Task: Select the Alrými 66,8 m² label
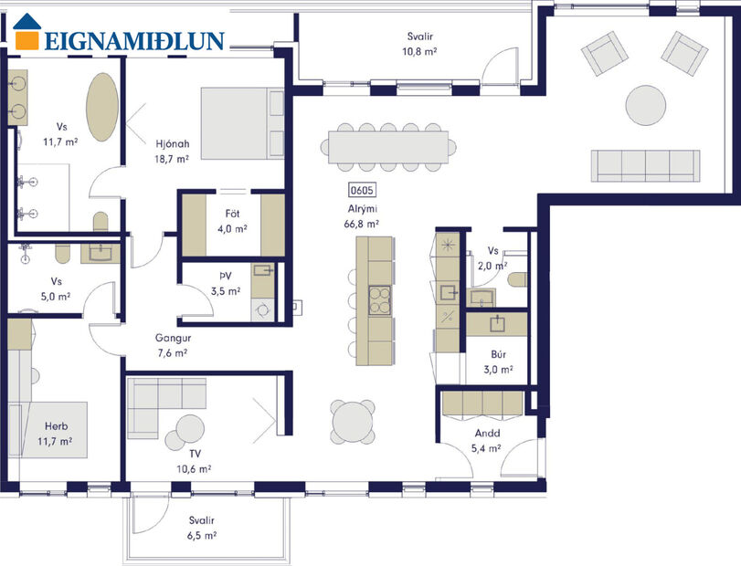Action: point(362,215)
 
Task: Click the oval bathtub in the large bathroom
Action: point(101,106)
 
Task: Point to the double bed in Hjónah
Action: point(241,123)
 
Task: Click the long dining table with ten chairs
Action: point(389,144)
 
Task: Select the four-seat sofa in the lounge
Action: point(645,164)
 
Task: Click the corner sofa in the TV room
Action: point(160,402)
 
